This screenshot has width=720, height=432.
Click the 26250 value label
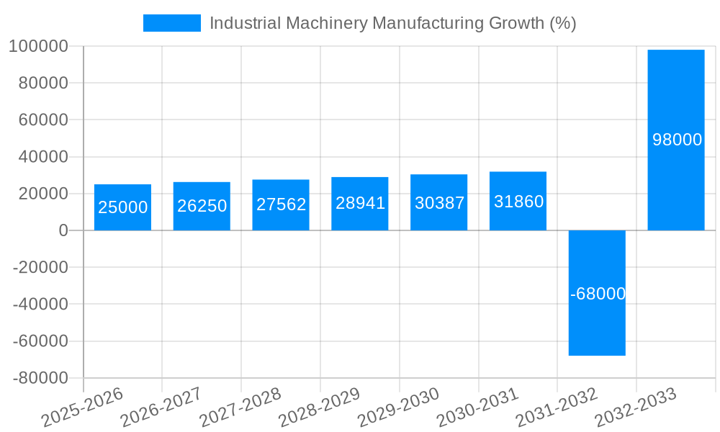pyautogui.click(x=202, y=206)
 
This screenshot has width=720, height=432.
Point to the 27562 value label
pyautogui.click(x=281, y=204)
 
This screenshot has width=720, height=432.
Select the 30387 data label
pyautogui.click(x=439, y=203)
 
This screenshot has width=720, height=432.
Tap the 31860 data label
pyautogui.click(x=518, y=202)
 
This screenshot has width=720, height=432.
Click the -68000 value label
pyautogui.click(x=597, y=294)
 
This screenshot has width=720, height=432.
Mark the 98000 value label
pyautogui.click(x=677, y=140)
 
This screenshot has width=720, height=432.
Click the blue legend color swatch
pyautogui.click(x=172, y=23)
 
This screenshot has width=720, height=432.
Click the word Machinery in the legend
pyautogui.click(x=327, y=23)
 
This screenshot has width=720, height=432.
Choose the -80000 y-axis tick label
pyautogui.click(x=40, y=378)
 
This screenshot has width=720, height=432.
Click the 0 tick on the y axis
pyautogui.click(x=63, y=230)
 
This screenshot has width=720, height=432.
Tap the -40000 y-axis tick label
pyautogui.click(x=40, y=305)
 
